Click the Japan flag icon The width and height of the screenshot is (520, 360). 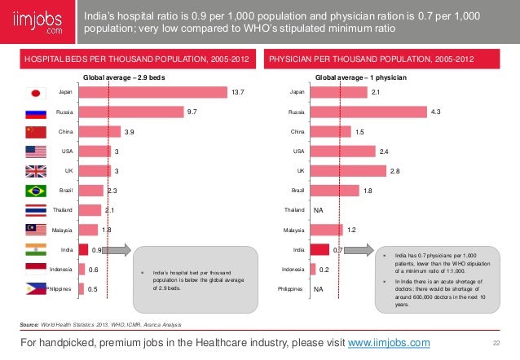coord(37,93)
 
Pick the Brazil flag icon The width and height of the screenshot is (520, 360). coord(37,191)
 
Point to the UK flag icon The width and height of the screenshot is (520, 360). coord(37,171)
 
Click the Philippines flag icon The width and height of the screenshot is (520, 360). coord(37,288)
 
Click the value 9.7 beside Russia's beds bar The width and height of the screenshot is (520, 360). coord(192,112)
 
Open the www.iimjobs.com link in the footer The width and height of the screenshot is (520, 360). coord(389,342)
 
